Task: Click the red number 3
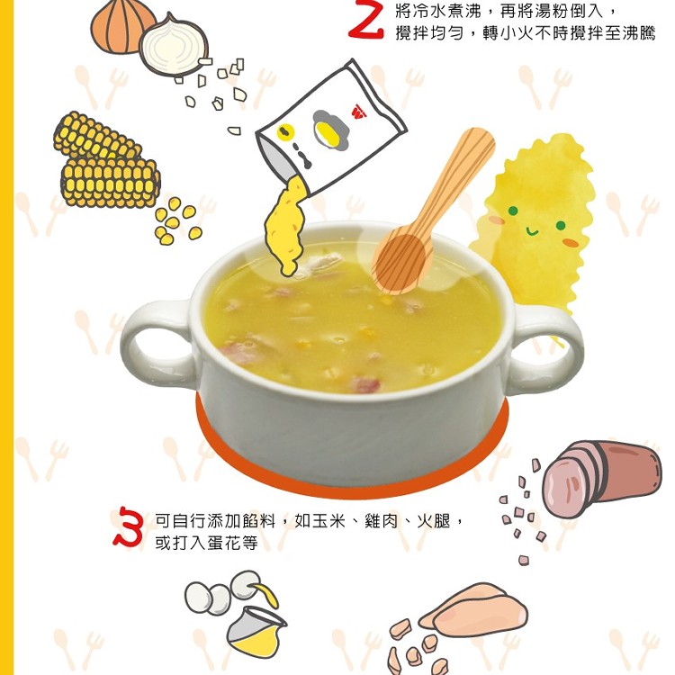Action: [x=129, y=526]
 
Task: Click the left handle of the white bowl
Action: [x=156, y=340]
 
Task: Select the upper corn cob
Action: [x=97, y=137]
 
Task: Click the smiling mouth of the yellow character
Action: [x=532, y=232]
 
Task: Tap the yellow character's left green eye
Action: [x=512, y=211]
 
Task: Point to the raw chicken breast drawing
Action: [x=472, y=610]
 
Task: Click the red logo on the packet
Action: [x=358, y=112]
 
